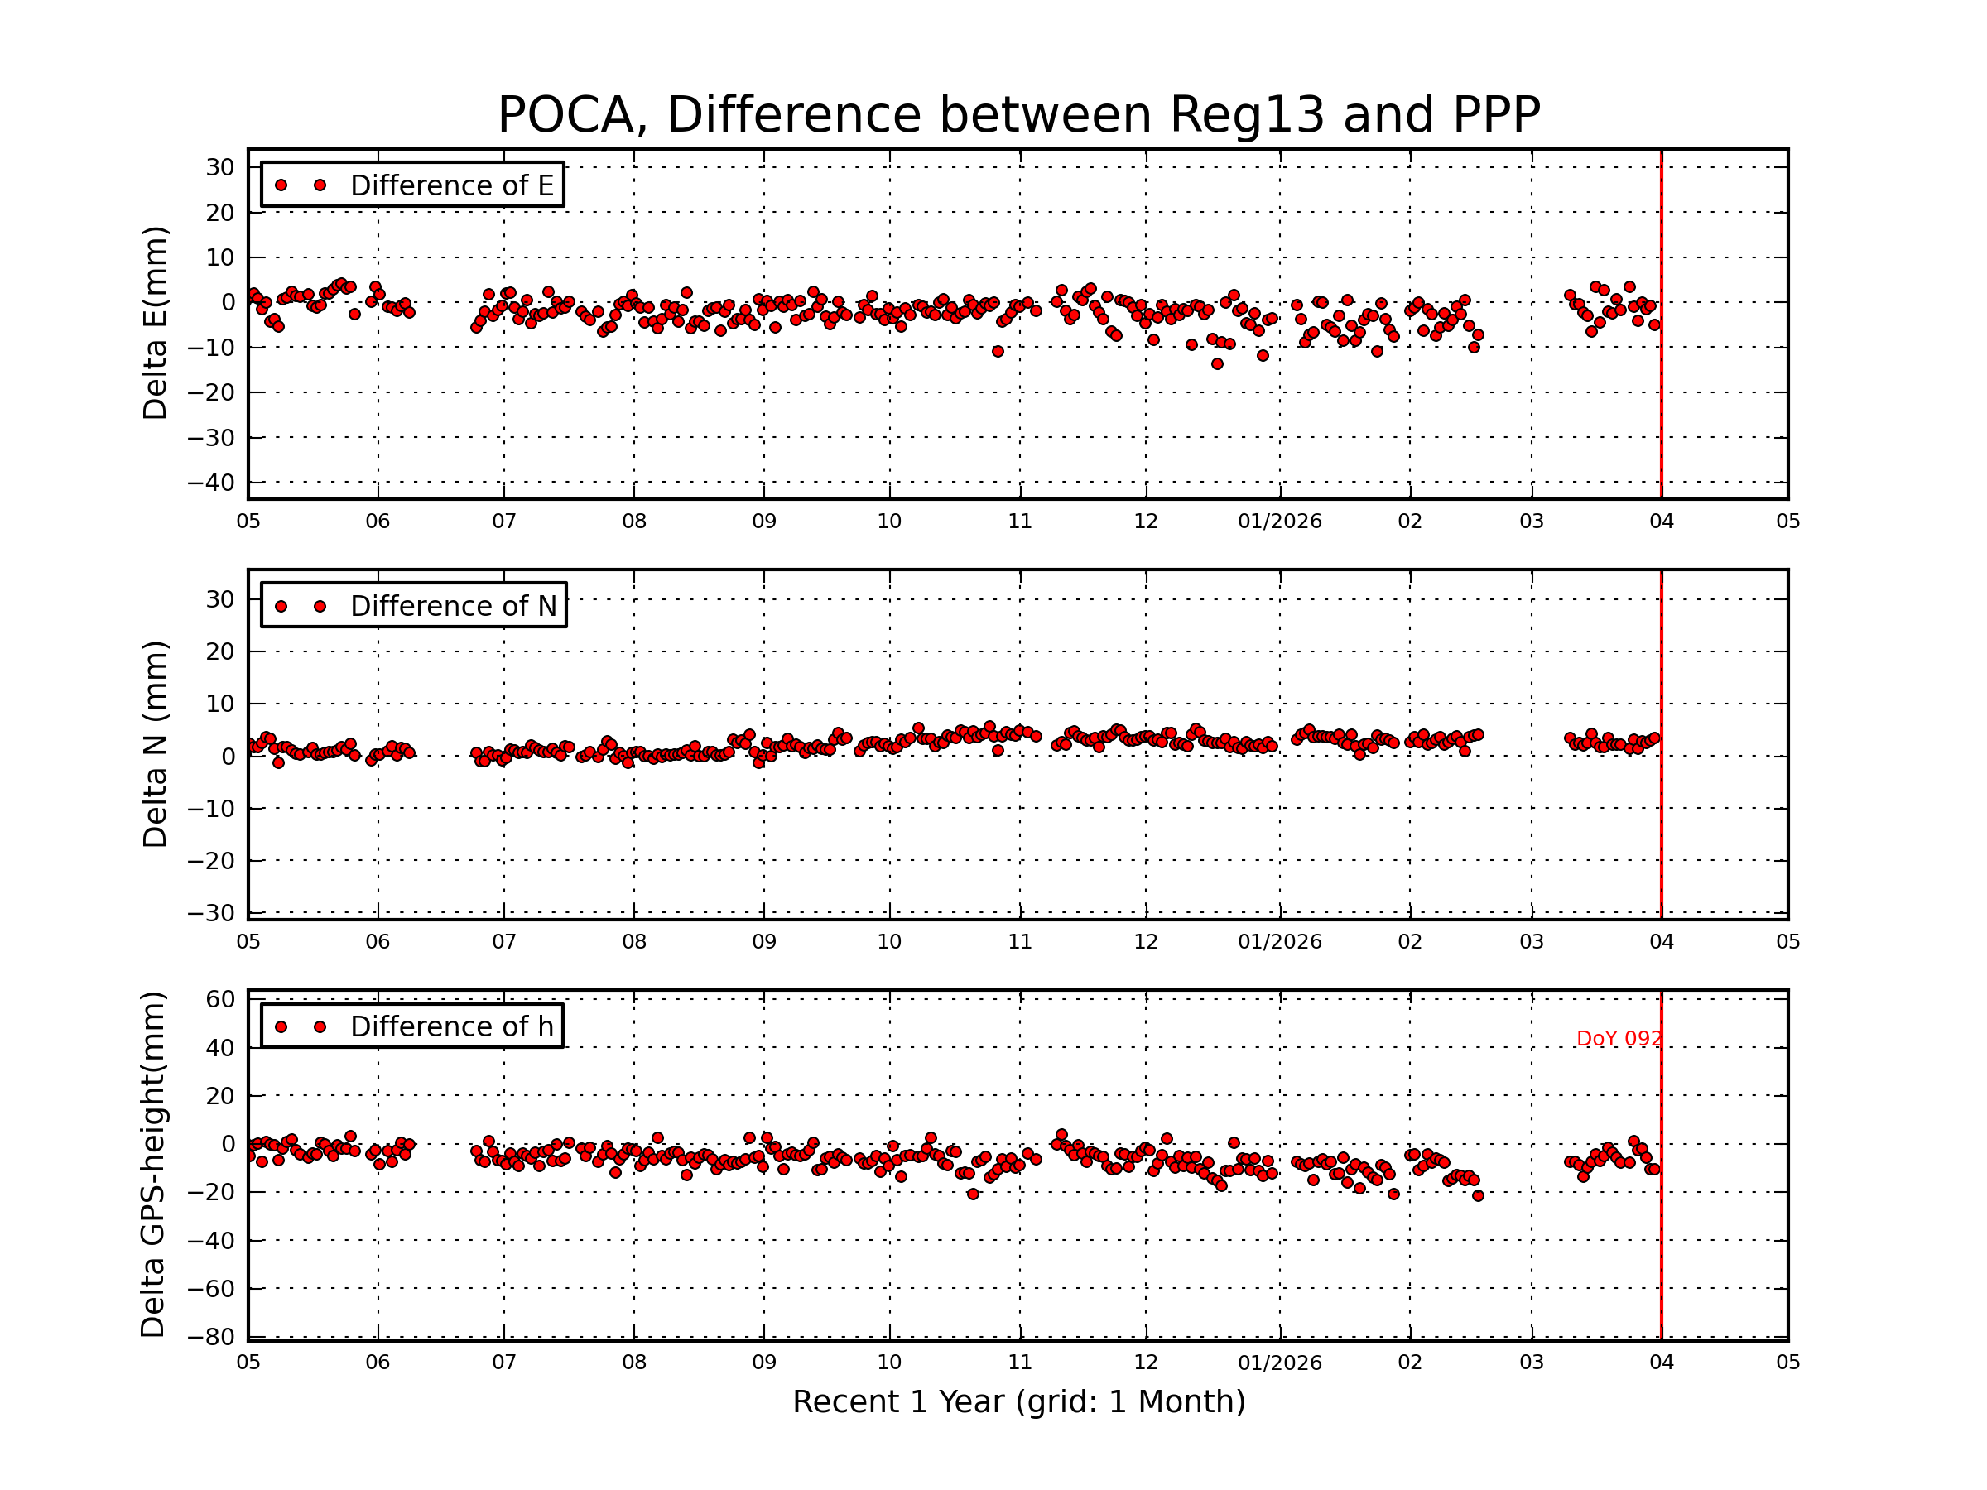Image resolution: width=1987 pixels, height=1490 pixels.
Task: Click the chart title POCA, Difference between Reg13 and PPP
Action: click(1018, 115)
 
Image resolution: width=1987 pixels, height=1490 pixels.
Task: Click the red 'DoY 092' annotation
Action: click(1618, 1038)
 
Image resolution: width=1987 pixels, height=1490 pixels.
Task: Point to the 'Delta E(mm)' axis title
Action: click(155, 324)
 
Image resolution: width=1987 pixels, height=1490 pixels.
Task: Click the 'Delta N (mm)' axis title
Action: click(155, 743)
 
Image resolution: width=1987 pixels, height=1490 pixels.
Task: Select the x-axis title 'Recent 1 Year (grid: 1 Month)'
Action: click(1018, 1402)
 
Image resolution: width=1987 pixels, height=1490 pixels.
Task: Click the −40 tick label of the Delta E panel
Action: click(211, 483)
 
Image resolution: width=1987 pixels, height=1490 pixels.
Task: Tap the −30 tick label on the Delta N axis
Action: click(211, 913)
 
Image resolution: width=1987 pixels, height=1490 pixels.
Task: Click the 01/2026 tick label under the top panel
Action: click(1279, 521)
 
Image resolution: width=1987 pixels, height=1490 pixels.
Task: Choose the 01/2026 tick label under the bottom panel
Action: click(1279, 1363)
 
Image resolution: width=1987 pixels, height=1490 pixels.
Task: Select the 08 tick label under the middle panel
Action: click(634, 942)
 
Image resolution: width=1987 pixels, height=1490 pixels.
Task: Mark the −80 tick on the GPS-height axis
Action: click(211, 1336)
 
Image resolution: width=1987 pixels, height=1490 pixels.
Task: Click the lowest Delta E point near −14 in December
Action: click(1216, 363)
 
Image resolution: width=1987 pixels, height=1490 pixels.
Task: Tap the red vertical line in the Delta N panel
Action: click(1661, 808)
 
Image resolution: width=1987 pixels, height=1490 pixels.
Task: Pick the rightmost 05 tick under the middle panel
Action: click(1787, 942)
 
